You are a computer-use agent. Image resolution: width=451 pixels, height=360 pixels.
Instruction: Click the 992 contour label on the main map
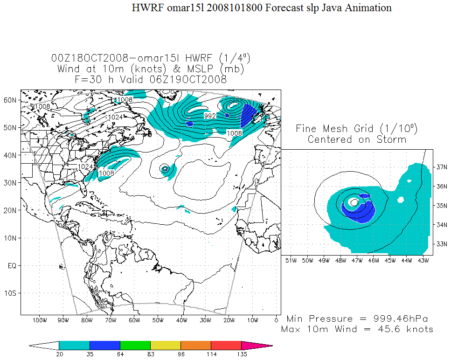click(210, 116)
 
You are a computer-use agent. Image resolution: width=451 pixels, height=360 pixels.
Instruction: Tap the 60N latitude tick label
click(11, 100)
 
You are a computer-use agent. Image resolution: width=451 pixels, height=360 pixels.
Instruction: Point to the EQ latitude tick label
click(12, 266)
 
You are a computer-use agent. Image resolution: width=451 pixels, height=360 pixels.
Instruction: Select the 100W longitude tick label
click(40, 320)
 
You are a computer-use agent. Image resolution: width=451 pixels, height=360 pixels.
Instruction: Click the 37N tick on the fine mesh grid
click(440, 166)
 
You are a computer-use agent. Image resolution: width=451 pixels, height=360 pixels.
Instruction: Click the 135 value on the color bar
click(242, 354)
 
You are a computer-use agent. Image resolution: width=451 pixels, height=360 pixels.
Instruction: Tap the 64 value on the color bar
click(120, 354)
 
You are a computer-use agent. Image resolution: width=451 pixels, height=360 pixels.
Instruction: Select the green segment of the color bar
click(135, 346)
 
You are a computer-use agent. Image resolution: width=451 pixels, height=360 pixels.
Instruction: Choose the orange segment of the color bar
click(196, 346)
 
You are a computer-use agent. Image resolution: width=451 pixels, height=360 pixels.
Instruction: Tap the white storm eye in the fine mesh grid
click(354, 202)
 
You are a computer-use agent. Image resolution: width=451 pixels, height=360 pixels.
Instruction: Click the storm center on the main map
click(165, 169)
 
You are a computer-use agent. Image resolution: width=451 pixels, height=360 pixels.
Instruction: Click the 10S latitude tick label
click(11, 293)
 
